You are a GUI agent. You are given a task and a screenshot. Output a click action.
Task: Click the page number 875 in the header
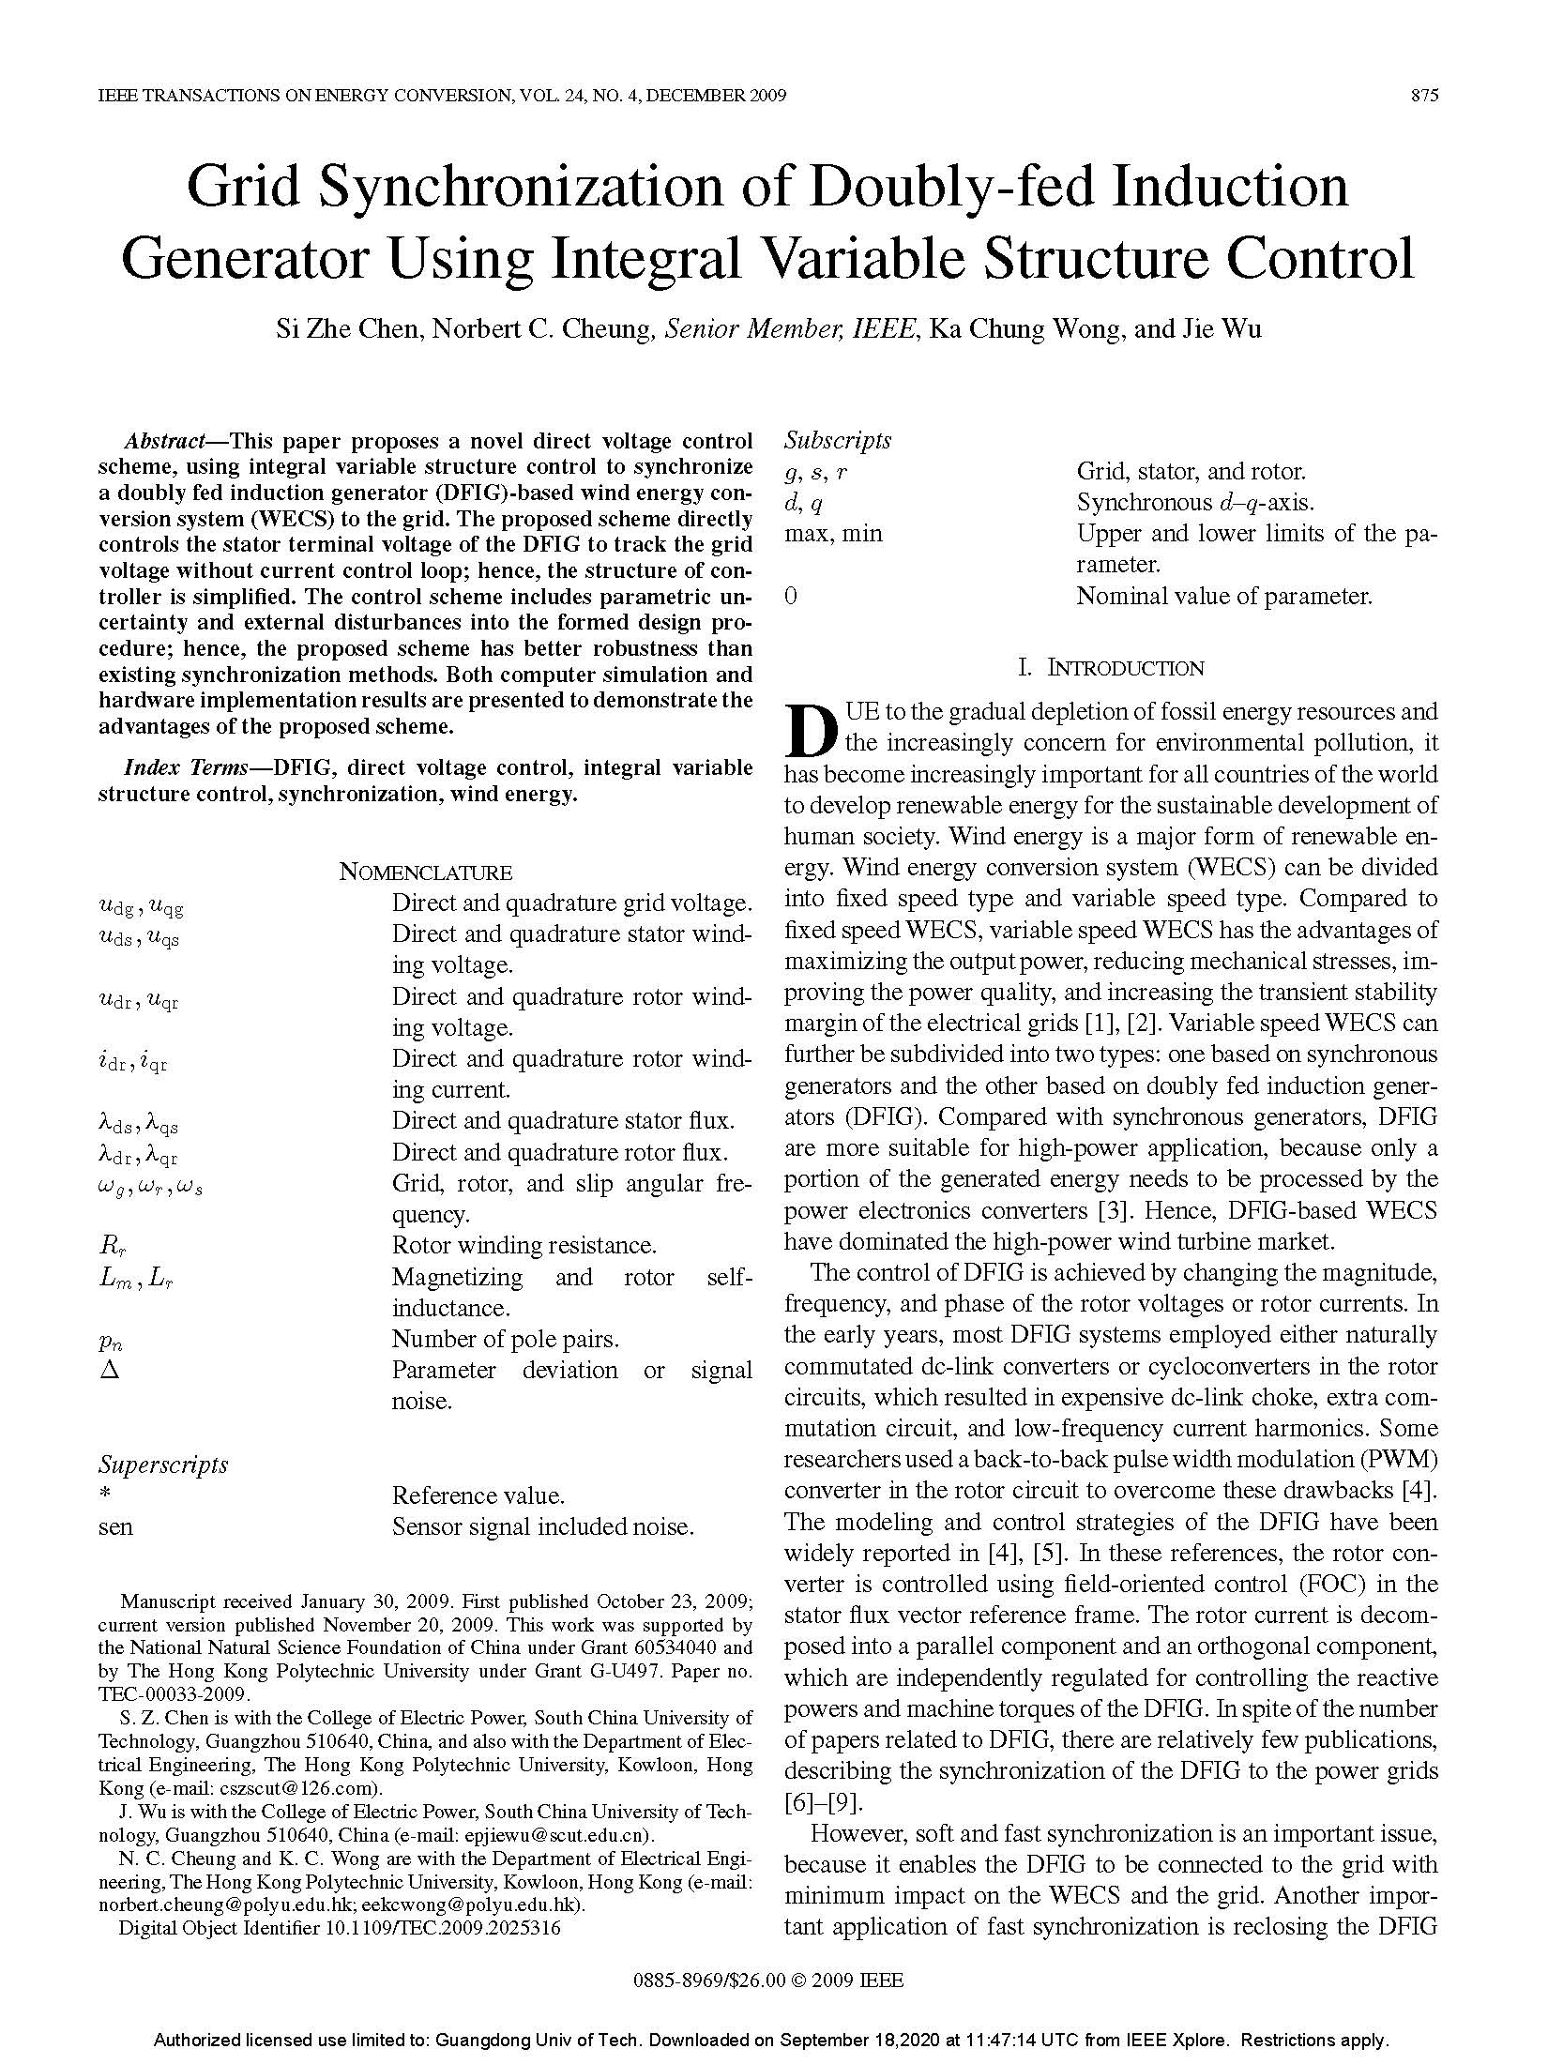click(x=1423, y=96)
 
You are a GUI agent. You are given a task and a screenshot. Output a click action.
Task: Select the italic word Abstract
click(x=165, y=441)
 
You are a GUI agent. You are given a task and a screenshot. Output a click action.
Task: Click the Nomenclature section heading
click(x=425, y=873)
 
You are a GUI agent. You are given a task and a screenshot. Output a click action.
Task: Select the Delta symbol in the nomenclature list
click(x=109, y=1371)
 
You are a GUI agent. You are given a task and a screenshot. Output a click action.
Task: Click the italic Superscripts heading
click(x=163, y=1465)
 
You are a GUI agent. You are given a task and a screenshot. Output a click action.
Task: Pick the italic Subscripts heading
click(x=837, y=440)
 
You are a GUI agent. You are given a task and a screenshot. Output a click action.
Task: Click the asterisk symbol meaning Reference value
click(x=105, y=1495)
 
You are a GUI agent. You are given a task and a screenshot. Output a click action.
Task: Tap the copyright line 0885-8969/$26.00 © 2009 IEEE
click(x=768, y=1981)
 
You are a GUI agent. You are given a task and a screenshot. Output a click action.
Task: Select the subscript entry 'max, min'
click(x=833, y=534)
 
